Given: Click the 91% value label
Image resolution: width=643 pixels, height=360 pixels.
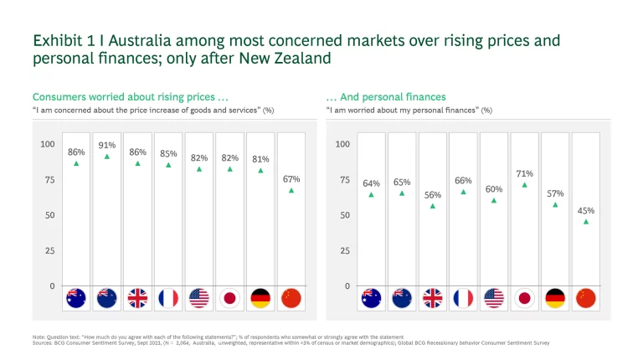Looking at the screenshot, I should click(x=106, y=145).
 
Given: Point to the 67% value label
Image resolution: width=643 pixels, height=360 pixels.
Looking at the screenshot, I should click(x=291, y=178).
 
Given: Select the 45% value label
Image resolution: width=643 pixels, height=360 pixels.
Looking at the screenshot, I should click(x=586, y=210).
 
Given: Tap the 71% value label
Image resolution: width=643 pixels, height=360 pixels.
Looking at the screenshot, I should click(x=524, y=173).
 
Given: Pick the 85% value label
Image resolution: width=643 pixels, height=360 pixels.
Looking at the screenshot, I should click(x=168, y=153).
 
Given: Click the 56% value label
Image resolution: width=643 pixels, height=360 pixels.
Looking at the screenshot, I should click(x=433, y=194).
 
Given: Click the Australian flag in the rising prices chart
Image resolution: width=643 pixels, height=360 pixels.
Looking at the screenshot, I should click(x=76, y=297).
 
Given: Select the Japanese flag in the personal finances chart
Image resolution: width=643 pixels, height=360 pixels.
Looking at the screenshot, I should click(x=524, y=297).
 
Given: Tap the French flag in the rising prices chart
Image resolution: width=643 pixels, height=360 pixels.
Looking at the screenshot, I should click(x=168, y=297).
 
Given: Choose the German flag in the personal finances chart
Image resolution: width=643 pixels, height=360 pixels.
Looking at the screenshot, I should click(x=555, y=297).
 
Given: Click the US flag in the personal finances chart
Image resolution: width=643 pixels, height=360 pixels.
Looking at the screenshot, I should click(x=494, y=297).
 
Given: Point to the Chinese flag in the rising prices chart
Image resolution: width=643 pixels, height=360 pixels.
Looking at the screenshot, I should click(x=291, y=297).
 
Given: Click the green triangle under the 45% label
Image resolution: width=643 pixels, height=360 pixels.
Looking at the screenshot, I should click(x=586, y=222).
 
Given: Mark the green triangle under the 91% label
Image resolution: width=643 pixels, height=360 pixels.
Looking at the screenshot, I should click(x=106, y=157).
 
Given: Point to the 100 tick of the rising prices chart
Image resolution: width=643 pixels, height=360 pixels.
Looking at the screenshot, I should click(x=48, y=144).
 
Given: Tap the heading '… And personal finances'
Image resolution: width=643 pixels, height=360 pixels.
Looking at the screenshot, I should click(x=386, y=97).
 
